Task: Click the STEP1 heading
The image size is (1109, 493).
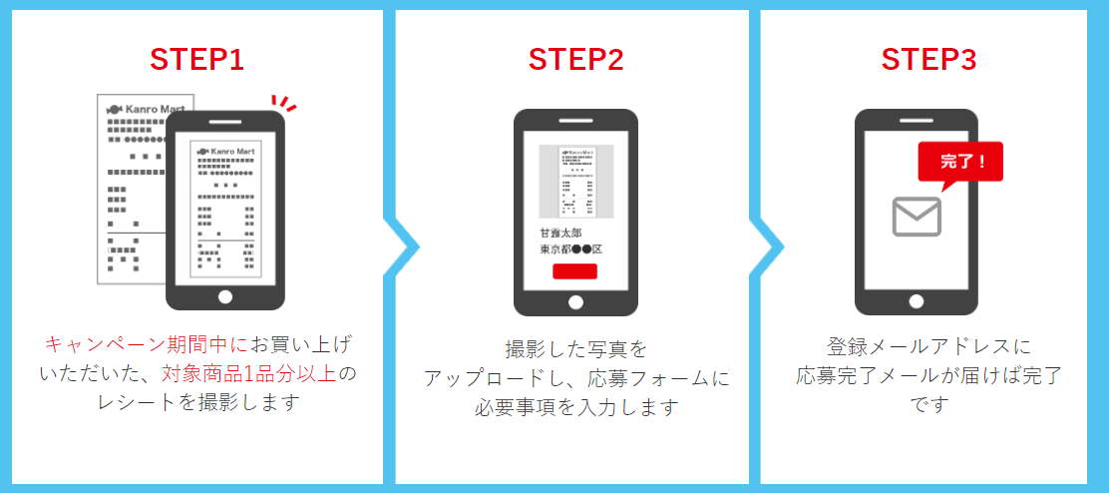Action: point(196,60)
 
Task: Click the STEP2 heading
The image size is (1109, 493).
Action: point(575,60)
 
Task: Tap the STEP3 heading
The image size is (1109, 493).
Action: point(928,60)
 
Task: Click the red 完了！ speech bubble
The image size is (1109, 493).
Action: point(958,163)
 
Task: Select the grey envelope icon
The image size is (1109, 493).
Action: point(917,216)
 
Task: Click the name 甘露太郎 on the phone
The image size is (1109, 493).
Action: point(560,233)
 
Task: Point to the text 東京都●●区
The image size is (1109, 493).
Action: point(571,249)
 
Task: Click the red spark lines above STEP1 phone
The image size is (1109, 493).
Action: point(285,103)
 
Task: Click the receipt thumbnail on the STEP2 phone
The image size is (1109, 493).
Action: point(575,182)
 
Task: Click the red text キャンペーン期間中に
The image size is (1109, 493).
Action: point(144,345)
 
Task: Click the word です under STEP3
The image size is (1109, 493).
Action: point(928,405)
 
